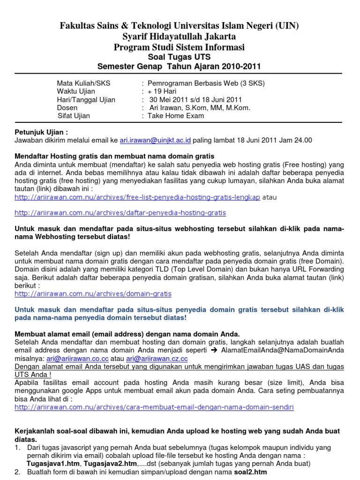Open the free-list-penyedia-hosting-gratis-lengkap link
tap(137, 197)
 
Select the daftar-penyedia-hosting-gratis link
tap(120, 213)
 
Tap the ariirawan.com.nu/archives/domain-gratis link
tap(93, 294)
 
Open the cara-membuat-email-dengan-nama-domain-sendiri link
tap(154, 407)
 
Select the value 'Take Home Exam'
tap(176, 116)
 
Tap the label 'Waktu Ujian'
tap(76, 91)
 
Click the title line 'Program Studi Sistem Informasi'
tap(180, 47)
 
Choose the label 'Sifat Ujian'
tap(74, 116)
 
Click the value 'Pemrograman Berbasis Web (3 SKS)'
tap(206, 83)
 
